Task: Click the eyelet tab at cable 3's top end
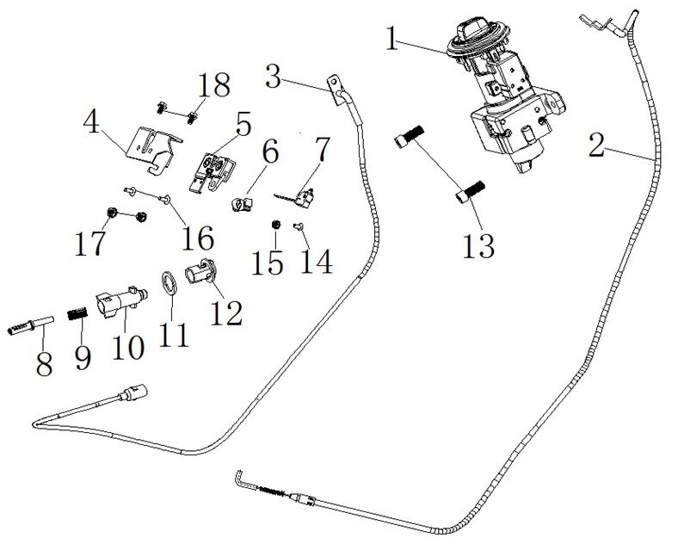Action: [x=334, y=85]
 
